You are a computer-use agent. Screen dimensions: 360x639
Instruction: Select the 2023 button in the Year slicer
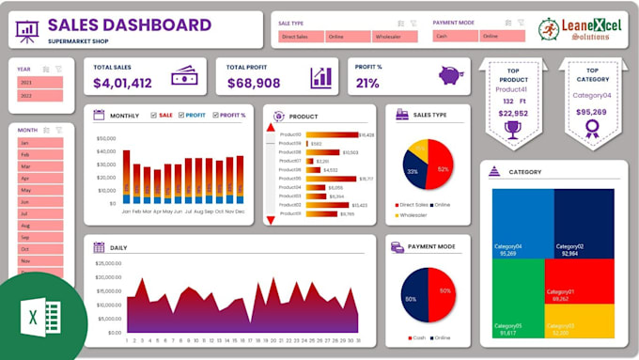click(38, 82)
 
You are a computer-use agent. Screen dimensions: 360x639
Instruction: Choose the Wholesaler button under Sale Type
click(387, 37)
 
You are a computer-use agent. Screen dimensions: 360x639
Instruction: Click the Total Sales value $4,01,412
click(122, 84)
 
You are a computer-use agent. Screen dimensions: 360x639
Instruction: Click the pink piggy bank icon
click(452, 76)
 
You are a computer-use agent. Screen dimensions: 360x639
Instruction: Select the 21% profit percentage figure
click(367, 84)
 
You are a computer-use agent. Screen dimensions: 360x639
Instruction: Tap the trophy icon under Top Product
click(512, 130)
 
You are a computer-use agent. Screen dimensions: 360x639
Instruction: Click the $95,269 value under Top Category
click(592, 113)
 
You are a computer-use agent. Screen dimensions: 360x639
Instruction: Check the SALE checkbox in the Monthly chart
click(154, 116)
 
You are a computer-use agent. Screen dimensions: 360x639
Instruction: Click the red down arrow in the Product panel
click(271, 219)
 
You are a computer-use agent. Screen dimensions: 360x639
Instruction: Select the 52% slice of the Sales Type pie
click(442, 169)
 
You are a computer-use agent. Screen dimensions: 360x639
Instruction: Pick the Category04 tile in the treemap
click(522, 221)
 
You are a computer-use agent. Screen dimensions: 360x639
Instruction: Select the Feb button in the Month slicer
click(38, 154)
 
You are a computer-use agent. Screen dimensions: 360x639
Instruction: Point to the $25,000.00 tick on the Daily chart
click(106, 264)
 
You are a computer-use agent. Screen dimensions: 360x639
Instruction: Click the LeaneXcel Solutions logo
click(575, 30)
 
